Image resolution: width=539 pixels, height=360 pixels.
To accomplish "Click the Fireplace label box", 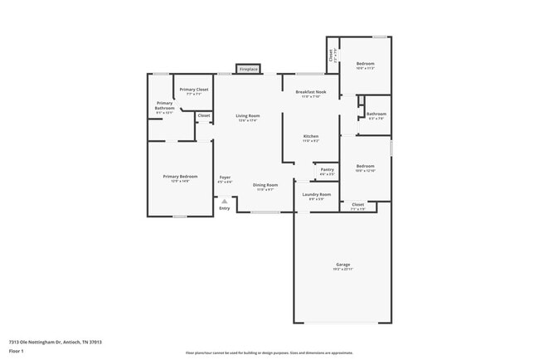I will coord(249,69).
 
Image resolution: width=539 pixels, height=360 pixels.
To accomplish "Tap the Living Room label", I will coord(247,116).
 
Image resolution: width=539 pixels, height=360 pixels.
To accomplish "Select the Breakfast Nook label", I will coord(311,92).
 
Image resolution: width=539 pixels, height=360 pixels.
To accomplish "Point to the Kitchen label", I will coord(311,136).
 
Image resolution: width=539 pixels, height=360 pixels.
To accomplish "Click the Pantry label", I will coord(327,169).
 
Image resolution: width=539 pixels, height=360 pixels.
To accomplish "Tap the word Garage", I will coord(343,265).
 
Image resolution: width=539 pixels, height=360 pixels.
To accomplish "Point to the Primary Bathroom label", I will coord(164,106).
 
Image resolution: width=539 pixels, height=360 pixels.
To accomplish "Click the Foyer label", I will coord(225,178).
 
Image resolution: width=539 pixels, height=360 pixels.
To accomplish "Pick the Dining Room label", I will coord(265,185).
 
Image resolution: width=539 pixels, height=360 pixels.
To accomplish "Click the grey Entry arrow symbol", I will coord(224,200).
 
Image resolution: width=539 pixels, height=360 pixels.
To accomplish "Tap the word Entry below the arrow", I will coord(224,207).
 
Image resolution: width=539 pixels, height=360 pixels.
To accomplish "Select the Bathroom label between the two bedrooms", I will coord(376,114).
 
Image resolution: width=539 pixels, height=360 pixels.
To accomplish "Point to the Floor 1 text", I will coord(17,351).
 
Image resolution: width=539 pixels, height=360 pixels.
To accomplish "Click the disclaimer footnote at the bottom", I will coord(269,353).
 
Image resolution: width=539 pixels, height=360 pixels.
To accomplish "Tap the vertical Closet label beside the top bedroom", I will coord(331,56).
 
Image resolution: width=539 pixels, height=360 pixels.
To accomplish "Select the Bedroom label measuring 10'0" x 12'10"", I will coord(366,166).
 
